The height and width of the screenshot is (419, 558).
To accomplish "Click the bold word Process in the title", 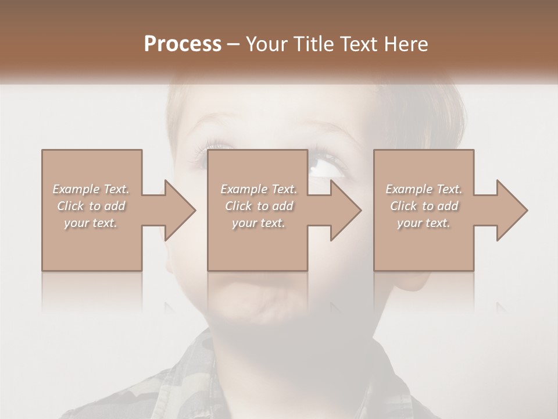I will (x=183, y=44).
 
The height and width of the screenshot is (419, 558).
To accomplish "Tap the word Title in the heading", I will (x=312, y=44).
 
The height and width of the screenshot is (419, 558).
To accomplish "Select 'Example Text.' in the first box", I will (x=91, y=189).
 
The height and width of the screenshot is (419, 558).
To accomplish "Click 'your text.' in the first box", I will (x=91, y=223).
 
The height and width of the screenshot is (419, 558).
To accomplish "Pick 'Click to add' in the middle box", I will (x=259, y=206).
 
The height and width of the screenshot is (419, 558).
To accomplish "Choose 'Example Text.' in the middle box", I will (x=259, y=189).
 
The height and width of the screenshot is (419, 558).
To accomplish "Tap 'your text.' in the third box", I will (x=424, y=223).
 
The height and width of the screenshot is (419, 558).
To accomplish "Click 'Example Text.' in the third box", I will (x=424, y=189).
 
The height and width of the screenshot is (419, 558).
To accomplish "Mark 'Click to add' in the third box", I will (x=424, y=206).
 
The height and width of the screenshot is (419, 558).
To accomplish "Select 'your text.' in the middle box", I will (x=259, y=223).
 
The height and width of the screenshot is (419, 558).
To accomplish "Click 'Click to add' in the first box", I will (x=91, y=206).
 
